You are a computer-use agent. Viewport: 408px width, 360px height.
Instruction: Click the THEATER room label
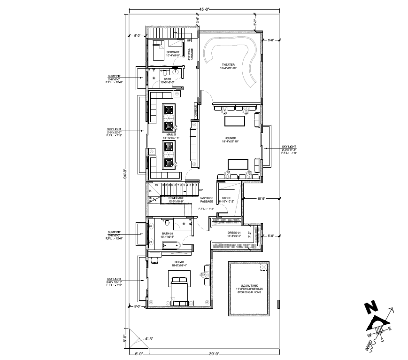[x=228, y=64]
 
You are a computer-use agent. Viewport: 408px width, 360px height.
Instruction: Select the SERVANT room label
[x=173, y=52]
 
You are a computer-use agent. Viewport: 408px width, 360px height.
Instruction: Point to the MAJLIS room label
[x=171, y=134]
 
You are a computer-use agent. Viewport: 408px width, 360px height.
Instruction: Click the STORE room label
[x=227, y=198]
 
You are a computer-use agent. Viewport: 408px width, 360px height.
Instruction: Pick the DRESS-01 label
[x=235, y=233]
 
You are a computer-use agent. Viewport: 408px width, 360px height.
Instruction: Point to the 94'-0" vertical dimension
[x=125, y=173]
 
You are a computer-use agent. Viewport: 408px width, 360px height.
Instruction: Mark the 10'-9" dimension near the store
[x=261, y=199]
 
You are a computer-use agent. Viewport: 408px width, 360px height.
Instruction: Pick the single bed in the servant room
[x=158, y=50]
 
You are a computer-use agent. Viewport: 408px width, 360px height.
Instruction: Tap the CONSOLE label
[x=196, y=111]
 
